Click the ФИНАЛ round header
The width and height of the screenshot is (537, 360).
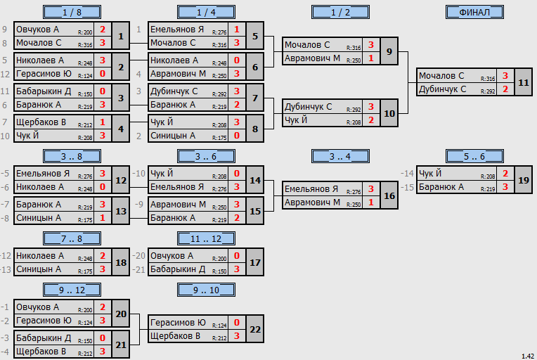point(474,13)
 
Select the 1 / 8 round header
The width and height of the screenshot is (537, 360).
point(72,13)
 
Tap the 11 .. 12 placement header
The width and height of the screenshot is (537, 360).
point(206,238)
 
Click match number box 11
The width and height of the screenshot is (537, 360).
point(524,82)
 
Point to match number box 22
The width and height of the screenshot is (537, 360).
point(255,329)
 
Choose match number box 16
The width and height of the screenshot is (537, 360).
point(389,195)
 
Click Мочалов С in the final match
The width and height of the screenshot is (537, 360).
point(441,76)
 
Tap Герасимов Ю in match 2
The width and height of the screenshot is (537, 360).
point(44,74)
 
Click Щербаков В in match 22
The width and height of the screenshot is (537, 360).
point(175,336)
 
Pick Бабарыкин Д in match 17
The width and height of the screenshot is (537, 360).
point(178,269)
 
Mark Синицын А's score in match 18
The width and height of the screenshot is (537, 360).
point(103,269)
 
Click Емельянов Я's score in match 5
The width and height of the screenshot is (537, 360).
point(237,30)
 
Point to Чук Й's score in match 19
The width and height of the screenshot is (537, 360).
point(505,174)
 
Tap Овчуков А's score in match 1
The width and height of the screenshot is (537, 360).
point(103,30)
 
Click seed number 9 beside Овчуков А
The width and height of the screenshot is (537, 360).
point(4,30)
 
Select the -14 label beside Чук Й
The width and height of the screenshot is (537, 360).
point(407,174)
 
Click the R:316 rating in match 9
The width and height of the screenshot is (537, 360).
point(354,48)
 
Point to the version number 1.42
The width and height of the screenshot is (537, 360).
point(528,356)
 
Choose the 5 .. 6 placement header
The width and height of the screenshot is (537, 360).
point(474,157)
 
